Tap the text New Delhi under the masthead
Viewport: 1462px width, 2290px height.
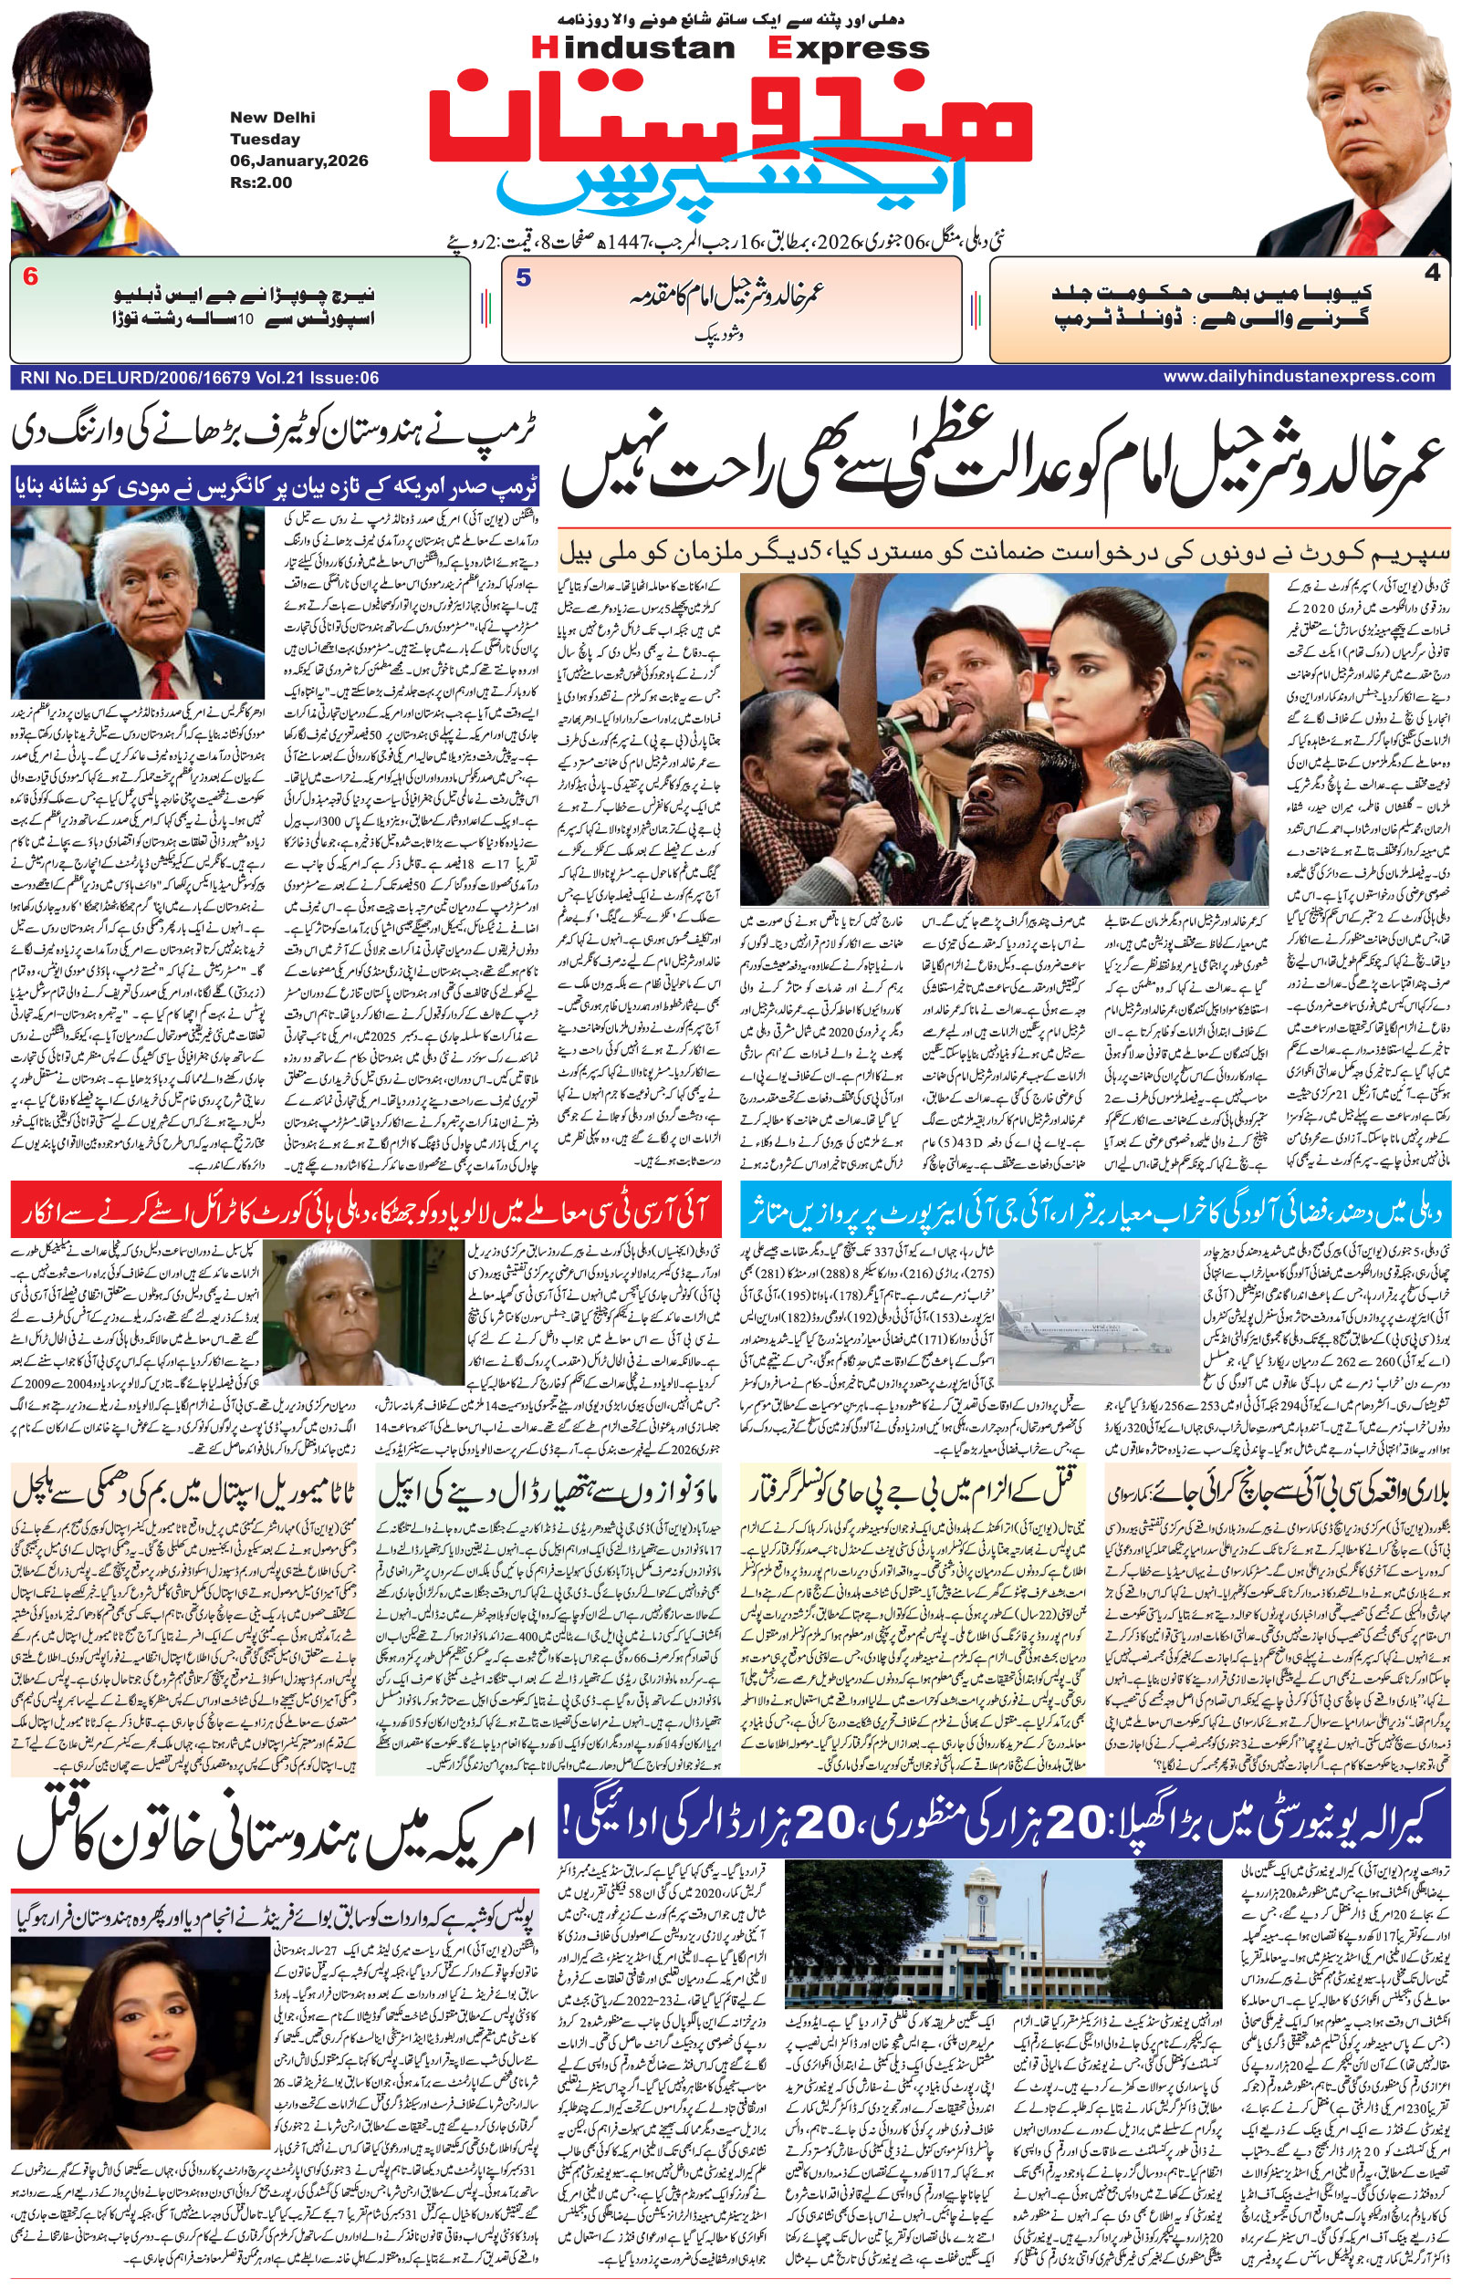point(272,118)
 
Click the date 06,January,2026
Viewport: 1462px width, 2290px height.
point(298,161)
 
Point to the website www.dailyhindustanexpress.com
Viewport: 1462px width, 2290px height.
point(1299,377)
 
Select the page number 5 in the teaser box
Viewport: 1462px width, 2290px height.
point(523,278)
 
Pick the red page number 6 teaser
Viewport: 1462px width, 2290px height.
point(30,277)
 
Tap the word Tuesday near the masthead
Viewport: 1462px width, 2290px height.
point(265,139)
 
